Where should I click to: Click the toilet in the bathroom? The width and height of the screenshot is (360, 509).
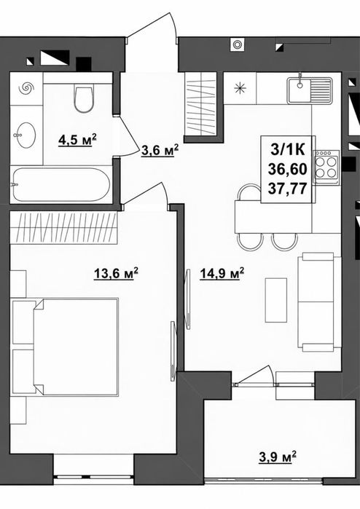(x=84, y=98)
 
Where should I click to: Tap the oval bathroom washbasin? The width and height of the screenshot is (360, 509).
(x=26, y=135)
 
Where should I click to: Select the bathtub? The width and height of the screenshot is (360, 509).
(x=61, y=185)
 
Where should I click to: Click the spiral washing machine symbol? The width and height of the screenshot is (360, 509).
(x=26, y=88)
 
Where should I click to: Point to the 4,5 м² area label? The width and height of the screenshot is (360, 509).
(x=78, y=141)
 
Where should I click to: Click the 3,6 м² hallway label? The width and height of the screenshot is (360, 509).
(x=160, y=150)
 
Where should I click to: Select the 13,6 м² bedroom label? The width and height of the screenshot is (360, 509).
(x=116, y=273)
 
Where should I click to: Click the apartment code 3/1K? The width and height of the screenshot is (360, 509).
(x=288, y=150)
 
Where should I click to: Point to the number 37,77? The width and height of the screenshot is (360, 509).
(x=288, y=189)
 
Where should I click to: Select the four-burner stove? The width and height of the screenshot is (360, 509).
(x=326, y=167)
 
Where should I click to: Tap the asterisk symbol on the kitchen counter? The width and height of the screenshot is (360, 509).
(x=240, y=88)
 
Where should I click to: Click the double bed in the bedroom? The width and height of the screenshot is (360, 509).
(x=65, y=347)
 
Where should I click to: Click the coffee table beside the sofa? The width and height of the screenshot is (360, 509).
(x=276, y=300)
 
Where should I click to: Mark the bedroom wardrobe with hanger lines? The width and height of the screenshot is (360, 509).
(x=63, y=227)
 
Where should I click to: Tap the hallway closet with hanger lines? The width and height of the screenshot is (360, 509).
(x=200, y=103)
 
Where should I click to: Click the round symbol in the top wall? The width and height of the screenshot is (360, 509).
(x=237, y=44)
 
